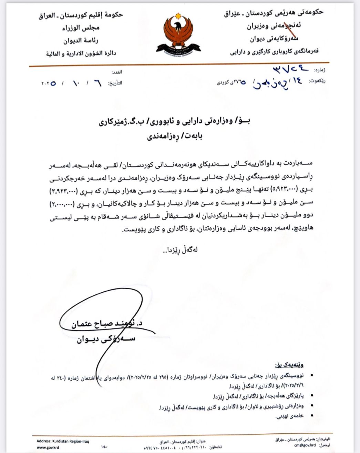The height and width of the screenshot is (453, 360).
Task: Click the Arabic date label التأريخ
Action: coord(115,83)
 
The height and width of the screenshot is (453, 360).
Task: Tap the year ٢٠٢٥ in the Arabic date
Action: coord(49,83)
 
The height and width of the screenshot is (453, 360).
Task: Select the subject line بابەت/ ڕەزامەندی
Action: coord(175,136)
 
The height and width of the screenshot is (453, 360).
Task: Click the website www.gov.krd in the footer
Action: coord(45,447)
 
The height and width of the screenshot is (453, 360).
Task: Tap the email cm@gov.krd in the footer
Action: coord(305,445)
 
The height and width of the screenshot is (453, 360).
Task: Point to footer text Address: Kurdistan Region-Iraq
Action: coord(63,441)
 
